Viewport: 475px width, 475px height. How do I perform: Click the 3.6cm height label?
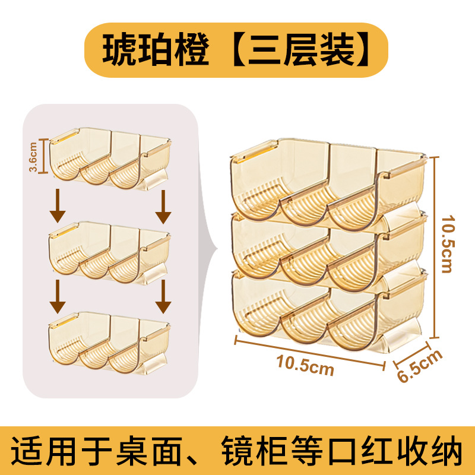click(x=34, y=156)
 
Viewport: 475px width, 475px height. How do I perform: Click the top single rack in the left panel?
click(x=110, y=159)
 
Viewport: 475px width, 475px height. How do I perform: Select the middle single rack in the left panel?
click(x=110, y=251)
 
